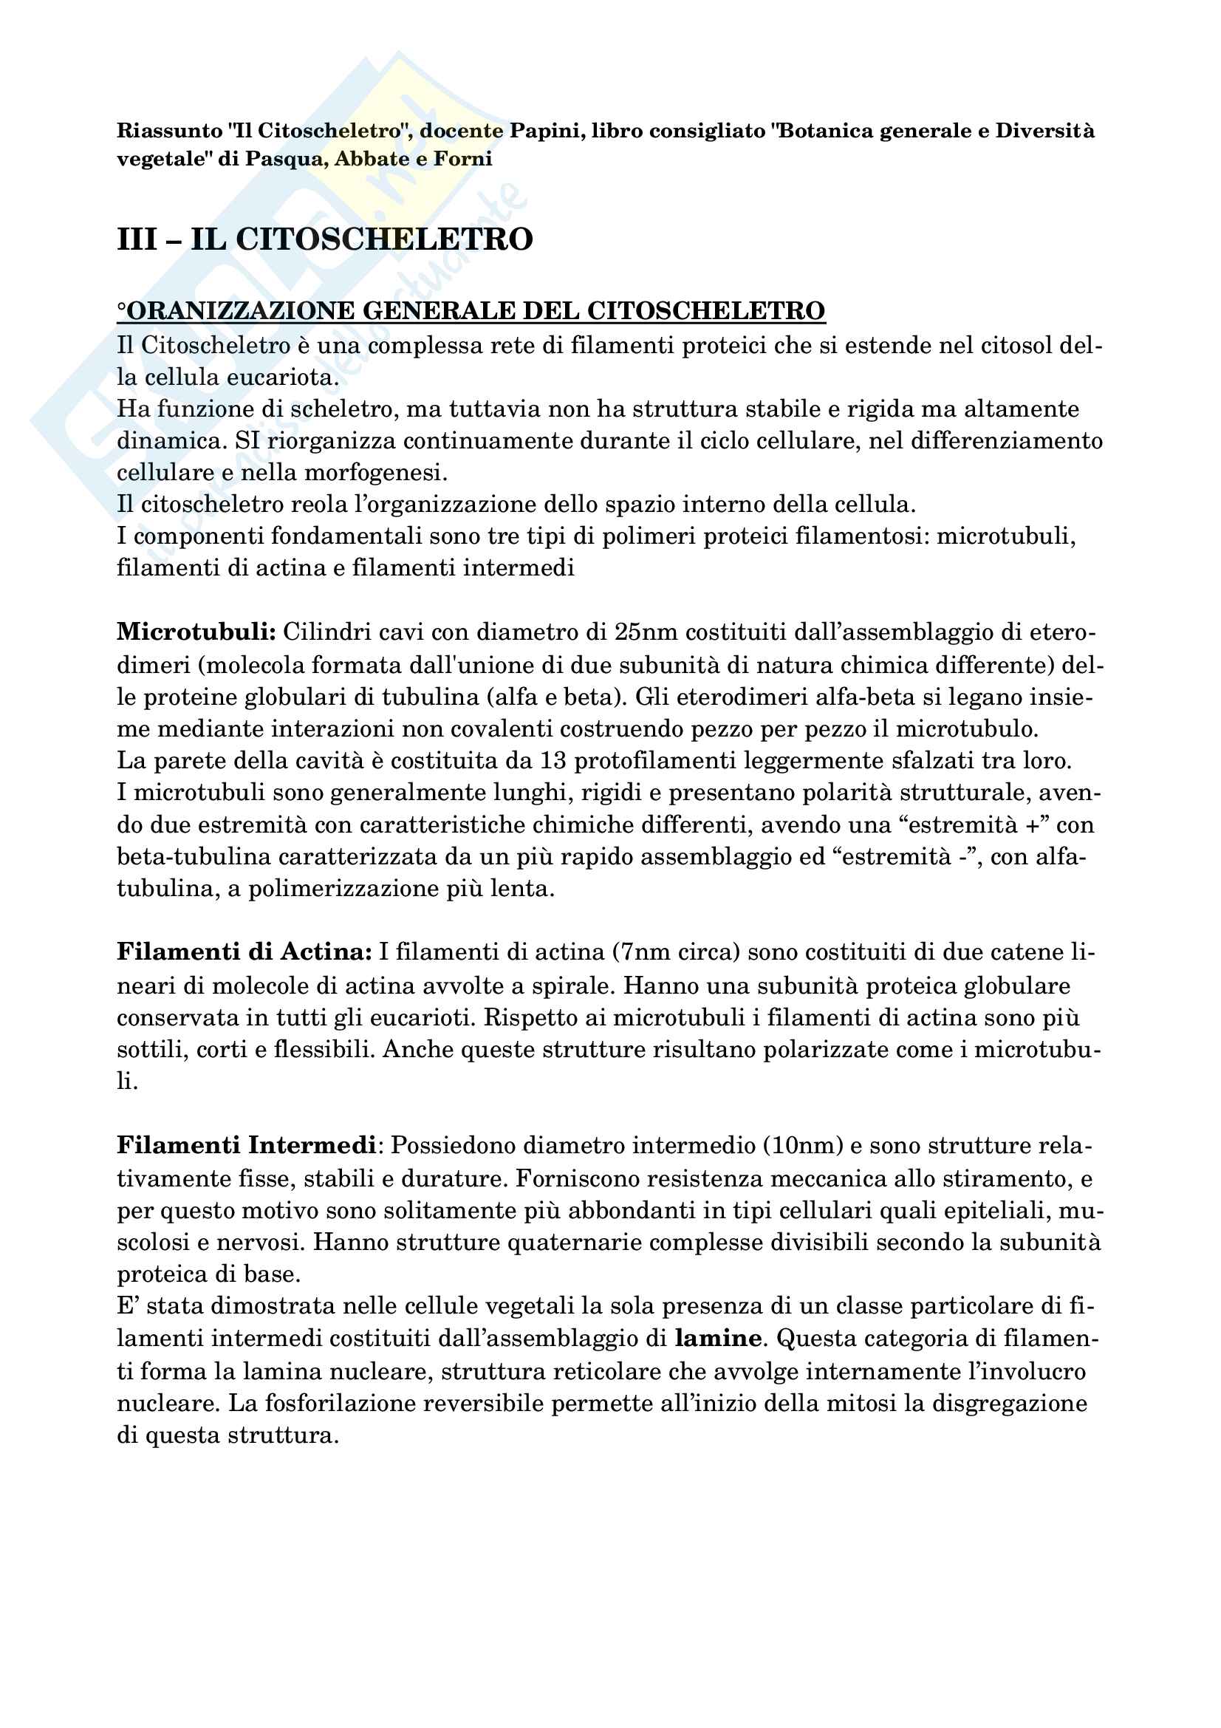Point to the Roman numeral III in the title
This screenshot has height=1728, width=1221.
137,239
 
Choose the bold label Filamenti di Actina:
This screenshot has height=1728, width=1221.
244,952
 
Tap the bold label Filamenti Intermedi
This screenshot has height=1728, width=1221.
246,1146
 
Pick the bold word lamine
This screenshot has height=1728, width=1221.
718,1338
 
